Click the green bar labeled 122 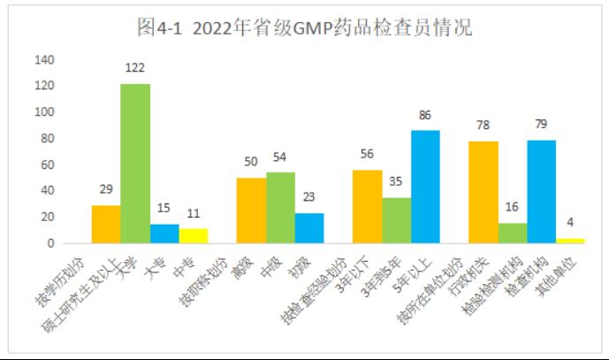tap(135, 164)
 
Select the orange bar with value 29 tap(106, 224)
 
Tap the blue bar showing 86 tap(425, 187)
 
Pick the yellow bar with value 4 tap(570, 241)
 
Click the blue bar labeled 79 tap(541, 191)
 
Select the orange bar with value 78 tap(483, 192)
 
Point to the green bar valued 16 tap(513, 233)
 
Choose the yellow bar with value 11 tap(193, 235)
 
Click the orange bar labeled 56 tap(367, 206)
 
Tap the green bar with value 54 tap(280, 208)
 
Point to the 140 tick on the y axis tap(44, 60)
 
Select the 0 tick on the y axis tap(51, 243)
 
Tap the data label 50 tap(251, 162)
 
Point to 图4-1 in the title tap(158, 28)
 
